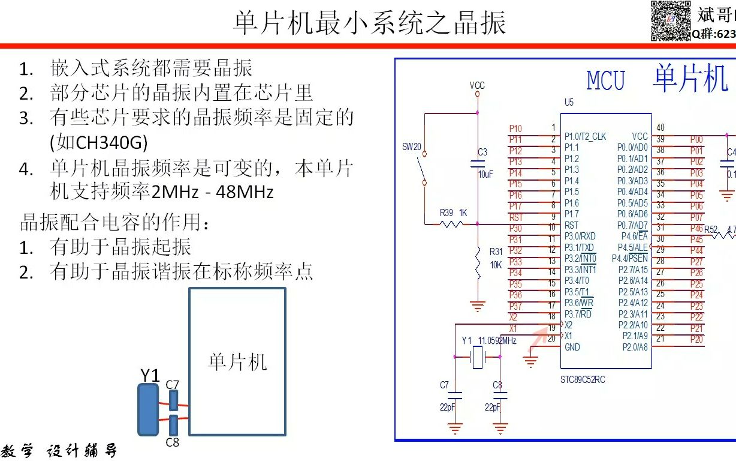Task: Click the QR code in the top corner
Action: (x=671, y=21)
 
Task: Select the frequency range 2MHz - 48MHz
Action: (x=213, y=192)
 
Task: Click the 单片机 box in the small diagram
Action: (x=237, y=361)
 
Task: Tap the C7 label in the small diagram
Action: (x=173, y=384)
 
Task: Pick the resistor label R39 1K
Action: (x=453, y=212)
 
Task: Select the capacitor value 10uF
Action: (x=485, y=174)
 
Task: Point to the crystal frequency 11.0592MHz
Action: (x=497, y=340)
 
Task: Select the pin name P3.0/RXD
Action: (x=580, y=236)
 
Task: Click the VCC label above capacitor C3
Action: (x=477, y=85)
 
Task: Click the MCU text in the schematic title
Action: (x=605, y=81)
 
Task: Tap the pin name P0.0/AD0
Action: (x=632, y=148)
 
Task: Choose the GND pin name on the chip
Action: (x=572, y=347)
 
